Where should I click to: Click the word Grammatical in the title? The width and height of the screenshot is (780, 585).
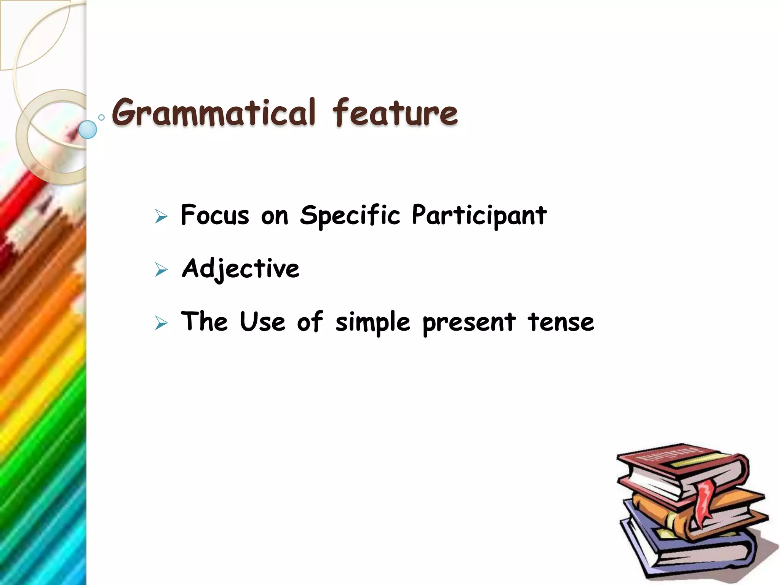tap(214, 112)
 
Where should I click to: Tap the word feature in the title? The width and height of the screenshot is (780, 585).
tap(395, 112)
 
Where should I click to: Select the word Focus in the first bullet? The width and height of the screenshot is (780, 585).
tap(215, 215)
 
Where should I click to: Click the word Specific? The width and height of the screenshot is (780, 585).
tap(350, 215)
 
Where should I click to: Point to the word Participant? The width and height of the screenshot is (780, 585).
tap(479, 215)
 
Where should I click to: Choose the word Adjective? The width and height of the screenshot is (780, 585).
tap(241, 269)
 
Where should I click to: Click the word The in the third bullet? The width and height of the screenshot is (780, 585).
tap(204, 322)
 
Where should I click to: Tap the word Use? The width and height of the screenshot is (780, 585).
tap(262, 322)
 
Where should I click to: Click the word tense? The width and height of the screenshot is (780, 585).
tap(561, 322)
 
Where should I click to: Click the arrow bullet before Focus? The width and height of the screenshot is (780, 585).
tap(161, 217)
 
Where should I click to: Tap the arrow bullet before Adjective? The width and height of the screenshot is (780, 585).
tap(161, 270)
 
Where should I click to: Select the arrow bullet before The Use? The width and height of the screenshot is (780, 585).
tap(161, 323)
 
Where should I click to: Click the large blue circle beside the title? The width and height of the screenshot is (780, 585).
tap(88, 129)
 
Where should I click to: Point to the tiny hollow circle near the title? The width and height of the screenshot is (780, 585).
tap(101, 117)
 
